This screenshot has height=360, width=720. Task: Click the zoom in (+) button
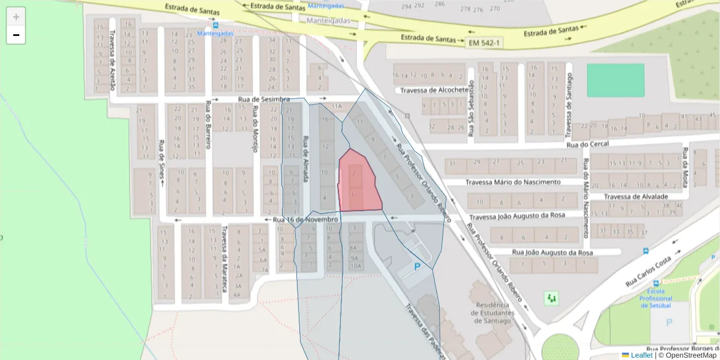16,17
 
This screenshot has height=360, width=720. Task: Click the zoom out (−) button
16,35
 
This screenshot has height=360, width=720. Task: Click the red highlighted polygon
358,183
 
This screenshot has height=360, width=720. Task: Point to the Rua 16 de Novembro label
305,220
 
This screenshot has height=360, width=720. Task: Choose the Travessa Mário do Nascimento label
513,182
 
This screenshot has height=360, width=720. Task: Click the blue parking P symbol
417,266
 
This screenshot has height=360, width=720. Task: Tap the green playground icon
551,297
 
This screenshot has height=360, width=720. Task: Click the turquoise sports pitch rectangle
615,80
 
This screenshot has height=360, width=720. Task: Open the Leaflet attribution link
641,355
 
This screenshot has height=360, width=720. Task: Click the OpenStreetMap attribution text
691,355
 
